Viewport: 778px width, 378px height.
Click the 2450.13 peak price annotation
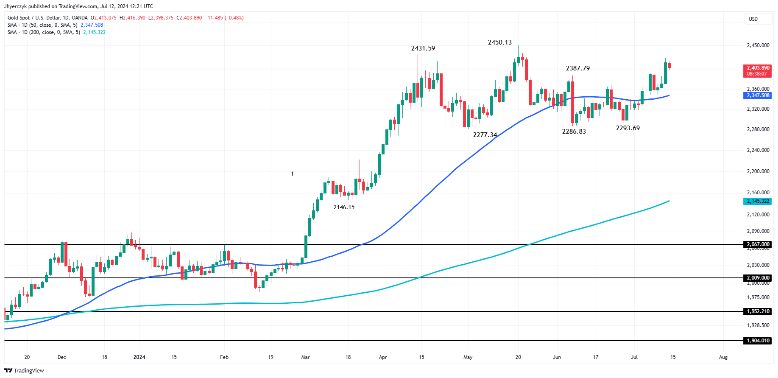pyautogui.click(x=499, y=42)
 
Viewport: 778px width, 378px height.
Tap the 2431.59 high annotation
pyautogui.click(x=423, y=48)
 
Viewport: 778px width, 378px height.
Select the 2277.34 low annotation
pyautogui.click(x=485, y=135)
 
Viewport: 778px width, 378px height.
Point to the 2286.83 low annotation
pyautogui.click(x=574, y=132)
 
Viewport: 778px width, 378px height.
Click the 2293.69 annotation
pyautogui.click(x=627, y=128)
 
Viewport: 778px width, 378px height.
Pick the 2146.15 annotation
pyautogui.click(x=344, y=207)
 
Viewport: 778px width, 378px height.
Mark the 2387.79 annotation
pyautogui.click(x=577, y=68)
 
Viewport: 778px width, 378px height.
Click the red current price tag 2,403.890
pyautogui.click(x=758, y=68)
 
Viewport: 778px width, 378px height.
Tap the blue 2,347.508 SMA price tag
pyautogui.click(x=758, y=95)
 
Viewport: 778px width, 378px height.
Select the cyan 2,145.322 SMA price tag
pyautogui.click(x=758, y=201)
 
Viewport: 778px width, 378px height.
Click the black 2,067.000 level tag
pyautogui.click(x=758, y=244)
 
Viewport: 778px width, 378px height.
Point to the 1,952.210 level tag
pyautogui.click(x=758, y=311)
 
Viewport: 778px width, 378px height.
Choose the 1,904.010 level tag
pyautogui.click(x=758, y=341)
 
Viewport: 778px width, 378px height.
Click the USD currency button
pyautogui.click(x=753, y=19)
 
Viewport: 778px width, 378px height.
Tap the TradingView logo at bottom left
pyautogui.click(x=24, y=370)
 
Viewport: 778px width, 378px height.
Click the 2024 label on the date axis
pyautogui.click(x=139, y=357)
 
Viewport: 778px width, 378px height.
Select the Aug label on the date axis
pyautogui.click(x=723, y=357)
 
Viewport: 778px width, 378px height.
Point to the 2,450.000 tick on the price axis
pyautogui.click(x=758, y=45)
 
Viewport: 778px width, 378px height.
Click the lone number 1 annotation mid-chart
pyautogui.click(x=292, y=174)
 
